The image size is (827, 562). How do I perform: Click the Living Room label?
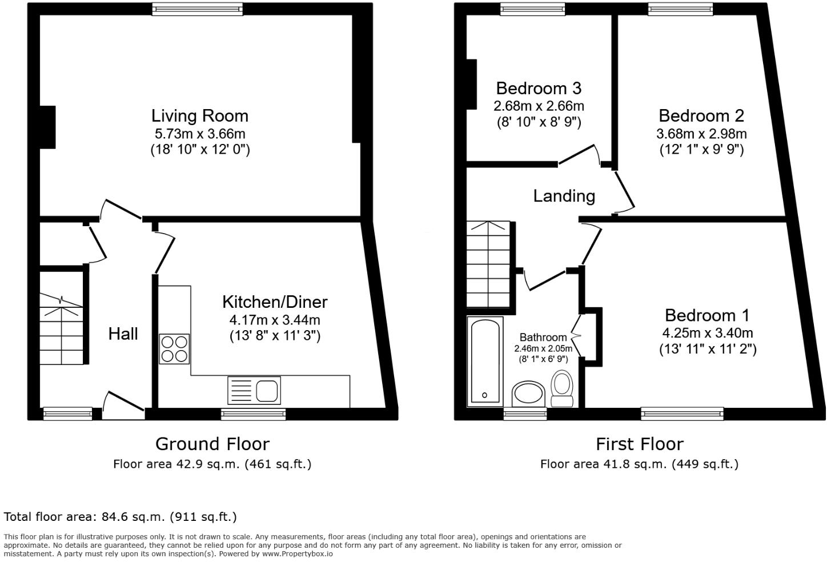pyautogui.click(x=199, y=116)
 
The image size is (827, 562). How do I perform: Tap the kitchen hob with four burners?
pyautogui.click(x=174, y=348)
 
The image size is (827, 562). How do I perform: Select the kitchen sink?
pyautogui.click(x=255, y=391)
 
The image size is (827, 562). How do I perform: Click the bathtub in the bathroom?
pyautogui.click(x=484, y=361)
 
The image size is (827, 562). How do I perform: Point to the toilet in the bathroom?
pyautogui.click(x=563, y=388)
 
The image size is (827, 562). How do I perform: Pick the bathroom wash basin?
pyautogui.click(x=530, y=394)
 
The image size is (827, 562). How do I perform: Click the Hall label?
pyautogui.click(x=123, y=334)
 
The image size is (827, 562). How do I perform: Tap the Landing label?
pyautogui.click(x=564, y=196)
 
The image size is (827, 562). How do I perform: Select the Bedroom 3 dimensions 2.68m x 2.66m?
pyautogui.click(x=538, y=106)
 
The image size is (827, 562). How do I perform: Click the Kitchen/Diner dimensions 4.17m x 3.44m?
pyautogui.click(x=274, y=320)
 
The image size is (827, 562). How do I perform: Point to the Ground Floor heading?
pyautogui.click(x=212, y=444)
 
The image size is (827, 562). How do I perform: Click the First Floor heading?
pyautogui.click(x=639, y=444)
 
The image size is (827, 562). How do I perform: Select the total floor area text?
pyautogui.click(x=120, y=517)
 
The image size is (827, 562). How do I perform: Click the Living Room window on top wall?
pyautogui.click(x=198, y=8)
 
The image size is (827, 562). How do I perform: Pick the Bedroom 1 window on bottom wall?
pyautogui.click(x=682, y=414)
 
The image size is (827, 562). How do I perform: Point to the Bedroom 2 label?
pyautogui.click(x=701, y=116)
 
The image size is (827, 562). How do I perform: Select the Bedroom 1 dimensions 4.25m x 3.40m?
pyautogui.click(x=707, y=333)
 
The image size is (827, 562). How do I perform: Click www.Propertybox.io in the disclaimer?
pyautogui.click(x=297, y=553)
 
